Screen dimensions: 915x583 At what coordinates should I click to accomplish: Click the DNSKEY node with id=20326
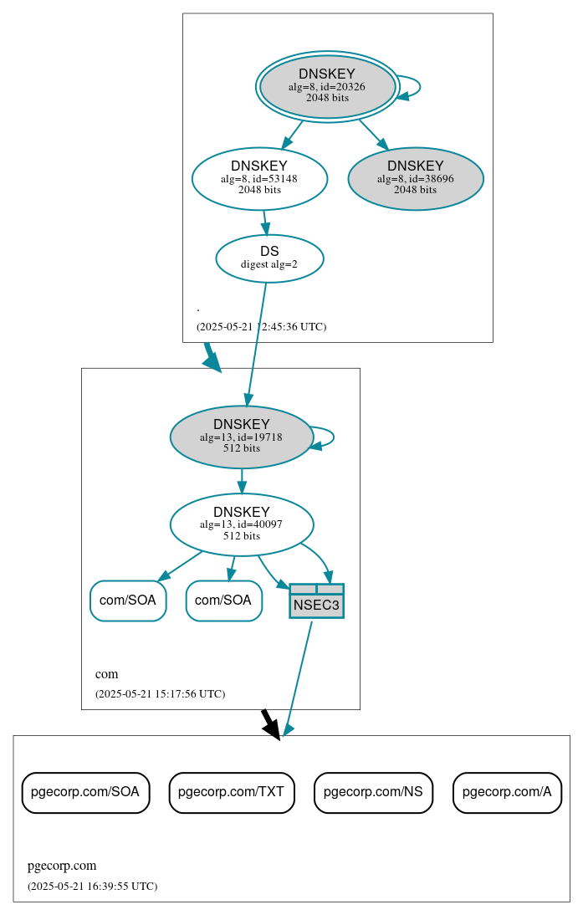pyautogui.click(x=327, y=86)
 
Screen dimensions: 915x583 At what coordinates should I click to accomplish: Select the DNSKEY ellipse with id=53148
pyautogui.click(x=259, y=178)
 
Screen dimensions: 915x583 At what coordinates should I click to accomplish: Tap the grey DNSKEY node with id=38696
pyautogui.click(x=415, y=178)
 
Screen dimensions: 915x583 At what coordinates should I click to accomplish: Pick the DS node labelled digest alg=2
pyautogui.click(x=269, y=258)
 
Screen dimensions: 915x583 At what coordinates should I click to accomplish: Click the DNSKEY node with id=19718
pyautogui.click(x=241, y=437)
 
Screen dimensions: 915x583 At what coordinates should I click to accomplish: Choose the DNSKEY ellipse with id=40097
pyautogui.click(x=241, y=524)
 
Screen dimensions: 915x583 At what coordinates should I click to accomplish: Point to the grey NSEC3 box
pyautogui.click(x=316, y=601)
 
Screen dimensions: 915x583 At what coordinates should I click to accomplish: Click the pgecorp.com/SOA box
pyautogui.click(x=85, y=792)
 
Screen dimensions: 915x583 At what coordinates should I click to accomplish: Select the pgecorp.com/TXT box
pyautogui.click(x=232, y=792)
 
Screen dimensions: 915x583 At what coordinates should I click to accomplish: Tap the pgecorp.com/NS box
pyautogui.click(x=373, y=792)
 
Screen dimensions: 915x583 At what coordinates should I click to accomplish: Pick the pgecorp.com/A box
pyautogui.click(x=507, y=792)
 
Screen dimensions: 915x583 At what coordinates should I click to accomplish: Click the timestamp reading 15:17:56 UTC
pyautogui.click(x=160, y=693)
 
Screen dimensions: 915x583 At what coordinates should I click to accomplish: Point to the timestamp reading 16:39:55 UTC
pyautogui.click(x=92, y=886)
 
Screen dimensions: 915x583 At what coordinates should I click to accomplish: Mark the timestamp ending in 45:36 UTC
pyautogui.click(x=261, y=326)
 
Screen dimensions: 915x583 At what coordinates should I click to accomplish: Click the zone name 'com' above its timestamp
pyautogui.click(x=106, y=674)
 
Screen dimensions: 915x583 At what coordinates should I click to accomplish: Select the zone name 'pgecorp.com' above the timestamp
pyautogui.click(x=62, y=866)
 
